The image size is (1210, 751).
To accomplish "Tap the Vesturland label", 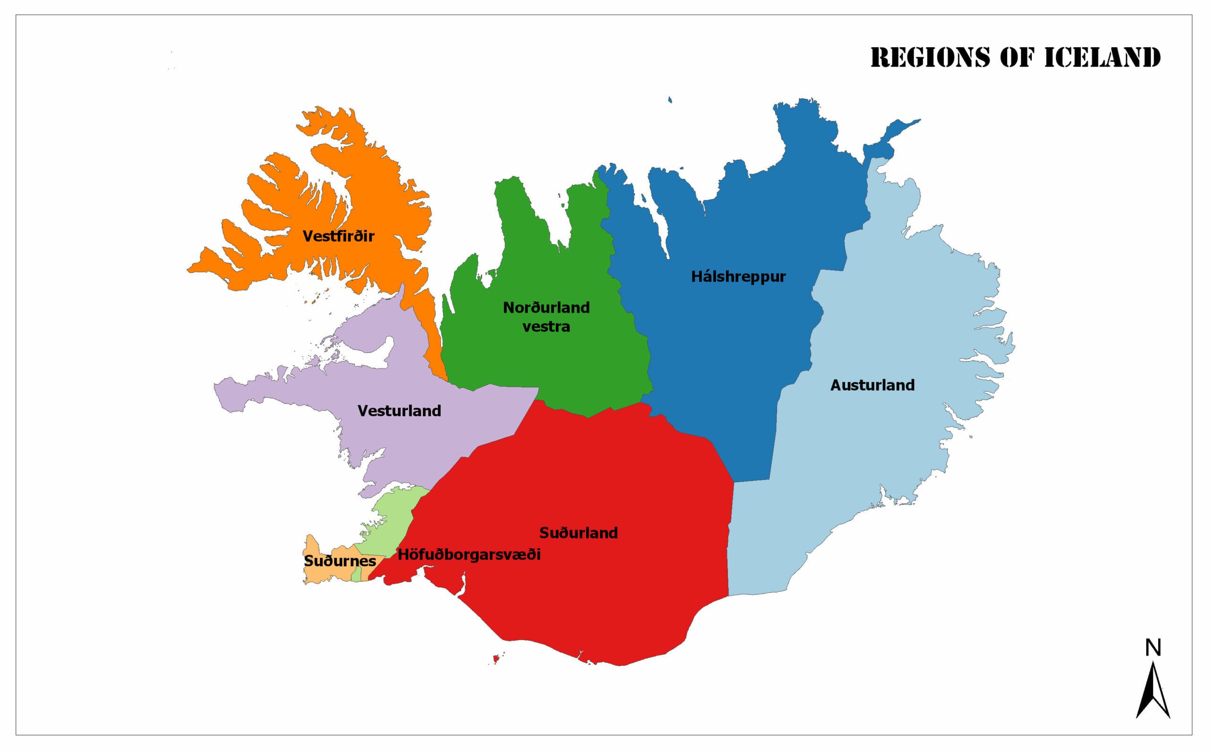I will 399,411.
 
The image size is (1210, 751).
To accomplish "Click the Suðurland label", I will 579,533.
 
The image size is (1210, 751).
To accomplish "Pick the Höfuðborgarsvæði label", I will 468,555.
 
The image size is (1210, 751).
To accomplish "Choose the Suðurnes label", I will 340,561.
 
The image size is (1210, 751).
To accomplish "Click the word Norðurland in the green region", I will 546,307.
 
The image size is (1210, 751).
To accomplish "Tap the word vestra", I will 546,327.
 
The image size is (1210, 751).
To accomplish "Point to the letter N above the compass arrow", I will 1153,648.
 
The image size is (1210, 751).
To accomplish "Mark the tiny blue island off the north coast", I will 670,100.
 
